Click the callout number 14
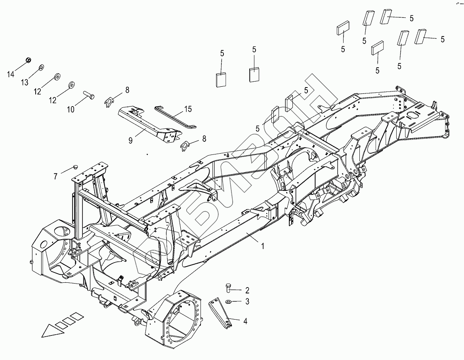(11, 74)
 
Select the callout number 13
(25, 82)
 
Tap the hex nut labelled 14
(29, 60)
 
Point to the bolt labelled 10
(88, 94)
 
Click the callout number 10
(71, 109)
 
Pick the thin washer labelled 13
(41, 67)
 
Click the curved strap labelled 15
(175, 116)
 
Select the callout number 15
(188, 109)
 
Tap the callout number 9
(130, 140)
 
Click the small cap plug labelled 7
(75, 168)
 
